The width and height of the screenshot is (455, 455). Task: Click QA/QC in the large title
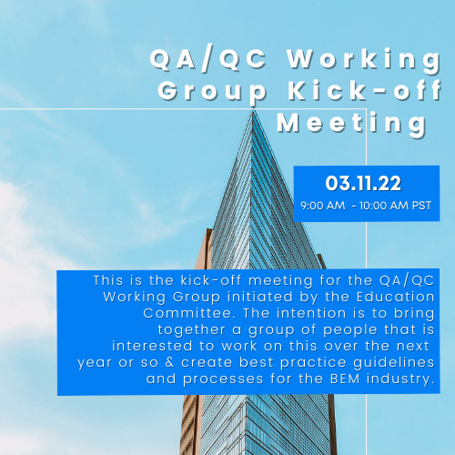click(x=208, y=58)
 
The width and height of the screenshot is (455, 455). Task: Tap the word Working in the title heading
click(x=365, y=61)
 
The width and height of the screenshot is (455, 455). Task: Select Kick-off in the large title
click(x=365, y=90)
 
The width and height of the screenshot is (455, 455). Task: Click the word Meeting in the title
click(x=352, y=124)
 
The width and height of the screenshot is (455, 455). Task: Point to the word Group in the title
click(x=212, y=92)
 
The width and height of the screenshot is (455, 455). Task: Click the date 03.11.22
click(x=363, y=184)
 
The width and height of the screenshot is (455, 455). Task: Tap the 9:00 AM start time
click(x=323, y=206)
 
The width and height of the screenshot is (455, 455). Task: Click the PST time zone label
click(x=421, y=206)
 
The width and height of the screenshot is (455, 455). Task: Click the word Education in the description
click(x=396, y=297)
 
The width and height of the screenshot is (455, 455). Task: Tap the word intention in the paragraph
click(x=311, y=313)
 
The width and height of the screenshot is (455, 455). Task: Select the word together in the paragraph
click(x=191, y=329)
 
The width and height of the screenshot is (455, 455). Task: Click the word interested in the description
click(x=152, y=346)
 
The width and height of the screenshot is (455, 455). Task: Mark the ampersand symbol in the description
click(x=170, y=362)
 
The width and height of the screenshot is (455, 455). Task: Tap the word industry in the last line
click(x=400, y=379)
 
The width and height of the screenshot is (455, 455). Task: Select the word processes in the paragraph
click(x=223, y=379)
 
